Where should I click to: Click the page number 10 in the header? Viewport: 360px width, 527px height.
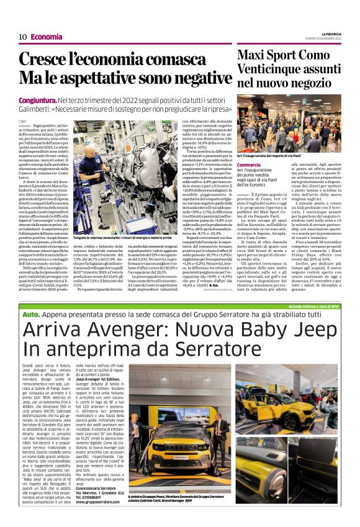pos(22,37)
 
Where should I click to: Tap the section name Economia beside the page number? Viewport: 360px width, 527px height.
pos(47,37)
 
